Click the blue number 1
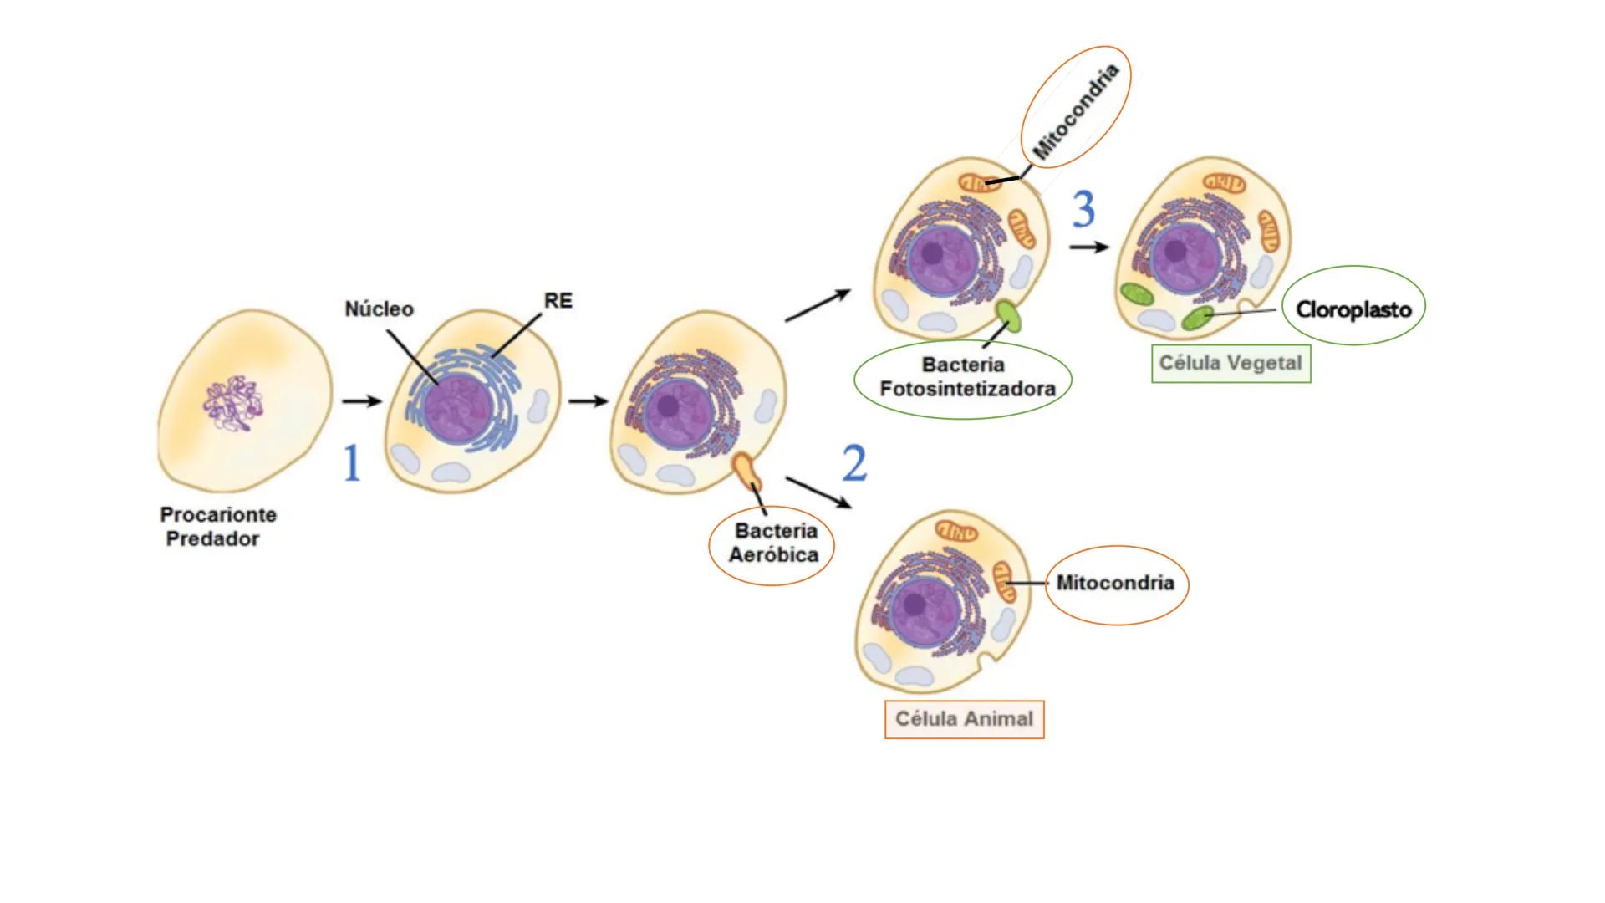click(352, 463)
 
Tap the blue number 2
click(853, 463)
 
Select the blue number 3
click(1083, 209)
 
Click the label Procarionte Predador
click(217, 527)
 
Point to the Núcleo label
click(379, 309)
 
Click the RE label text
click(558, 301)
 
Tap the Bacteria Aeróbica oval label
click(772, 543)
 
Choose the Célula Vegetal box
click(1230, 364)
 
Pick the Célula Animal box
click(964, 719)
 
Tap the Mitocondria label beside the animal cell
click(1115, 583)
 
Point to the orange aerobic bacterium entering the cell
click(746, 472)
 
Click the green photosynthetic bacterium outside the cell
click(1009, 318)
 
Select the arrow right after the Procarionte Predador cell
click(361, 402)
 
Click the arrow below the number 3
click(1089, 247)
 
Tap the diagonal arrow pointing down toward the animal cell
click(818, 492)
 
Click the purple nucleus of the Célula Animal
click(921, 609)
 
